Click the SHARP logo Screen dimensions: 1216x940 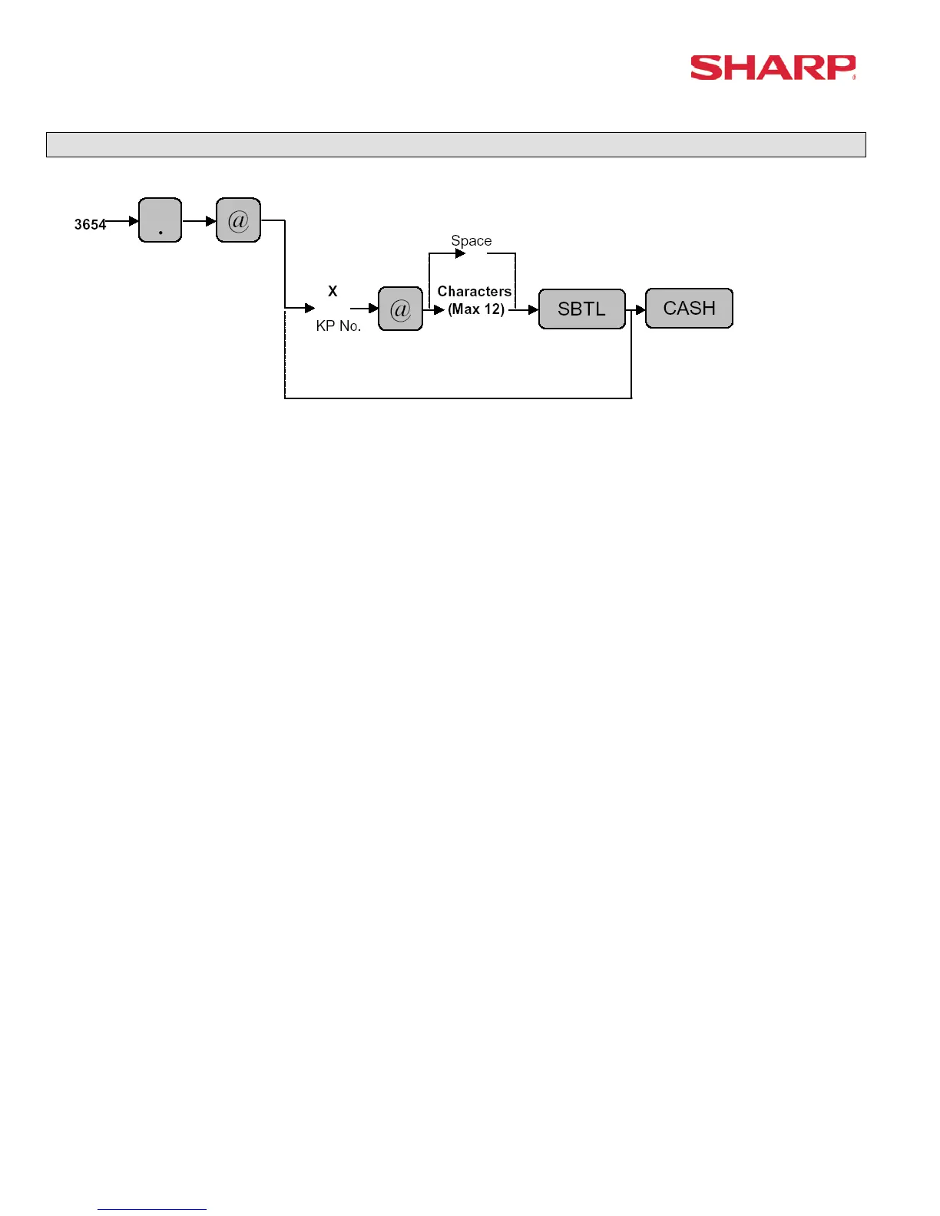[x=772, y=68]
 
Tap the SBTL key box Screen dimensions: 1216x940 [x=581, y=309]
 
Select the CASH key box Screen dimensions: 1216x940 [x=689, y=308]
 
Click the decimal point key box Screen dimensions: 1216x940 [x=160, y=220]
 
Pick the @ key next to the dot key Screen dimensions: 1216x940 [x=238, y=220]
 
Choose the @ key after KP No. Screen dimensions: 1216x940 [x=400, y=309]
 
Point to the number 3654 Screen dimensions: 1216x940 [x=89, y=224]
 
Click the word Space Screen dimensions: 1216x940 [x=471, y=240]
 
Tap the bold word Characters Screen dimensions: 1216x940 [x=474, y=291]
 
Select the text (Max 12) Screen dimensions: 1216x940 [x=476, y=309]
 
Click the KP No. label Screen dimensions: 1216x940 [x=338, y=325]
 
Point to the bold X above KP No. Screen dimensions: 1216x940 [x=333, y=291]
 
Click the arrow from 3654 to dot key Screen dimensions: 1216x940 [x=123, y=221]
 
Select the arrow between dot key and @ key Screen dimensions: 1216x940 [x=200, y=221]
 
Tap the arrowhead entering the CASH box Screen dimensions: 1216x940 [x=640, y=310]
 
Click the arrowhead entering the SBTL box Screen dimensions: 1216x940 [x=533, y=310]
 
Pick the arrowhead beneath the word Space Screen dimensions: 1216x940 [x=460, y=253]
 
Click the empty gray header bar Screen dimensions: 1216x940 [x=455, y=144]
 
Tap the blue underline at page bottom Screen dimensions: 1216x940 [x=151, y=1209]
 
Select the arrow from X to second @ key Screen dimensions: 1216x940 [x=365, y=309]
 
